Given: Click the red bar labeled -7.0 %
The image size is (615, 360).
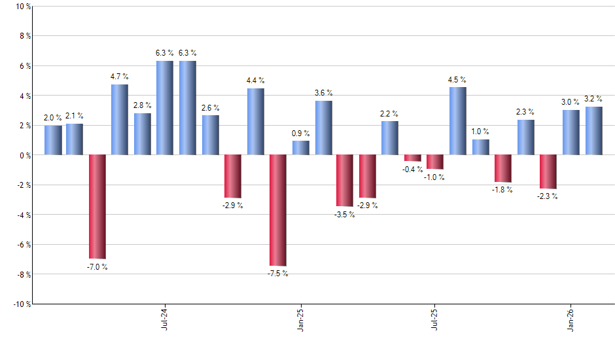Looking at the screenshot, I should click(97, 206).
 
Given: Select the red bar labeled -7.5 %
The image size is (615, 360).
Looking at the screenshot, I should click(278, 210).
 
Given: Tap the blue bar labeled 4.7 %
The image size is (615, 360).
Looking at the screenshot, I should click(120, 120).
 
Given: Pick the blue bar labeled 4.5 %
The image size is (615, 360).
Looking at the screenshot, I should click(458, 121).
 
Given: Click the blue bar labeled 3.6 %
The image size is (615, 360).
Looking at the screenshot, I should click(324, 128).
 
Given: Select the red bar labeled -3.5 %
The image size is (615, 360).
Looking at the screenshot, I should click(345, 181).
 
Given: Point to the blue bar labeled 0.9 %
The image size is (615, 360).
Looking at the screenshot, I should click(301, 148).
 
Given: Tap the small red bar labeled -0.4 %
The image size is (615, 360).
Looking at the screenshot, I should click(413, 158).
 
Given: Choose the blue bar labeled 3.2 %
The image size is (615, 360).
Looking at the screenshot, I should click(594, 131).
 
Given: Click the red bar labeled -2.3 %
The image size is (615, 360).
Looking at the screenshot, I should click(548, 171).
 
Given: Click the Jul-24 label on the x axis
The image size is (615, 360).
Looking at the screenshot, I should click(164, 318).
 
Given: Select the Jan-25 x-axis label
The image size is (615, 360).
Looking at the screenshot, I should click(300, 318).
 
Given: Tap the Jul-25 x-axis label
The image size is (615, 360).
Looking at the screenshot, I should click(435, 318).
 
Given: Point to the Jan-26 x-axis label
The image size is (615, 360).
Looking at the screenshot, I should click(571, 318).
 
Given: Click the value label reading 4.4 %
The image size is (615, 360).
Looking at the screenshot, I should click(256, 81).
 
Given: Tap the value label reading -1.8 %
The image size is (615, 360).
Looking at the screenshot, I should click(503, 190).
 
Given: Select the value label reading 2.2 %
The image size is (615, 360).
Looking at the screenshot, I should click(390, 113).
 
